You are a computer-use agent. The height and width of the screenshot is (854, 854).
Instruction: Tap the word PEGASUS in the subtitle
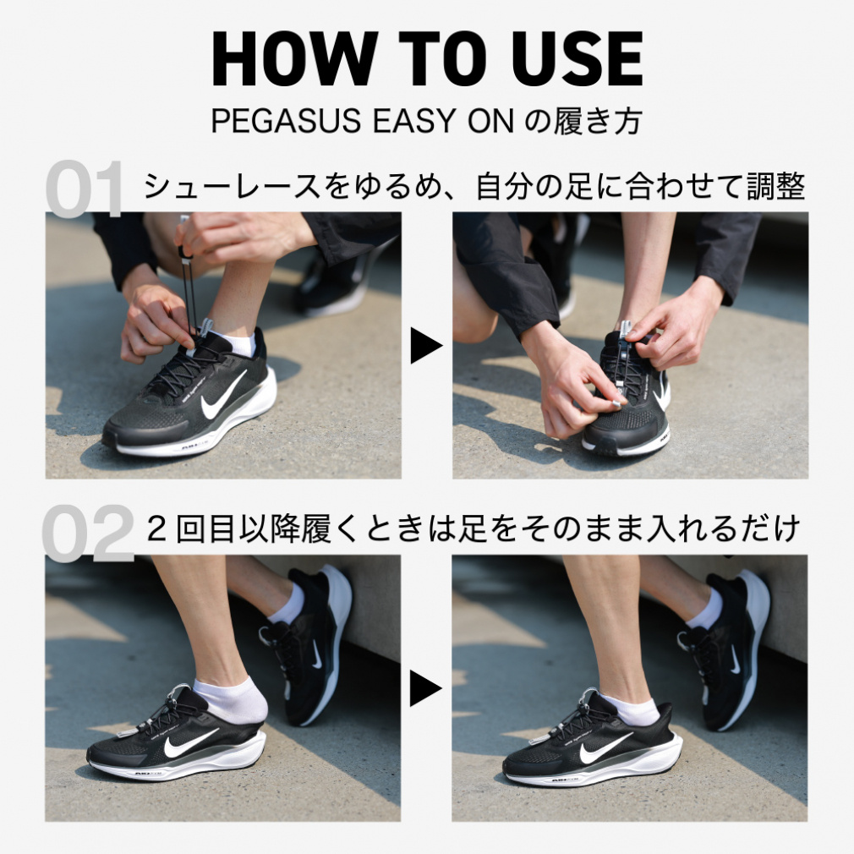coord(286,121)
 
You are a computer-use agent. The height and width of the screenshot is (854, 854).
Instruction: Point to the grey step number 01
coord(85,189)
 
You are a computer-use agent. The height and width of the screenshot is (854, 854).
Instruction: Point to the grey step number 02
coord(88,534)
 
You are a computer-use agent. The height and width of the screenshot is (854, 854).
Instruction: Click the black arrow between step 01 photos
coord(426,345)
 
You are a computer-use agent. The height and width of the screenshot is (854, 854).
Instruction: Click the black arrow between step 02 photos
coord(426,689)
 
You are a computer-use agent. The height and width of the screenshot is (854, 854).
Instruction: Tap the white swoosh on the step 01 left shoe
coord(222,396)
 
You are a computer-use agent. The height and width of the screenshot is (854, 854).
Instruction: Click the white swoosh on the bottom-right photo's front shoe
coord(605,747)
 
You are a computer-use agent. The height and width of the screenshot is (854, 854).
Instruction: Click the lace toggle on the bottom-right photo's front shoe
coord(588,701)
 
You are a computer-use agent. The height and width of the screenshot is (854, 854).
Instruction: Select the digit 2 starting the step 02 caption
coord(157,528)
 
